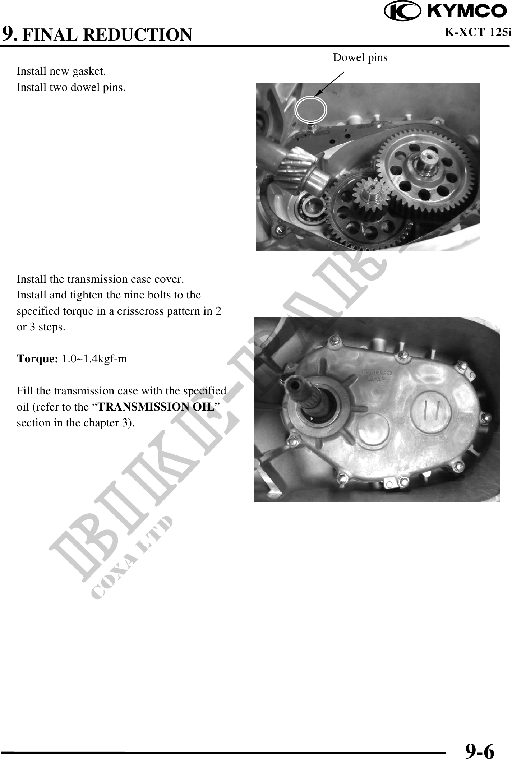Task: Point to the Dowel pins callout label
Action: [360, 57]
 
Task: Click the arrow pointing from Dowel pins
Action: [329, 84]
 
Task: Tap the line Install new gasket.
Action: [61, 71]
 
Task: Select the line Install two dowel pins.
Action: [71, 87]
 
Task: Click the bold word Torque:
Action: [38, 359]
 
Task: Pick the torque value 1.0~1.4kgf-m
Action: [94, 359]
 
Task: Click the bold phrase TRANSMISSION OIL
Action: [156, 407]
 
